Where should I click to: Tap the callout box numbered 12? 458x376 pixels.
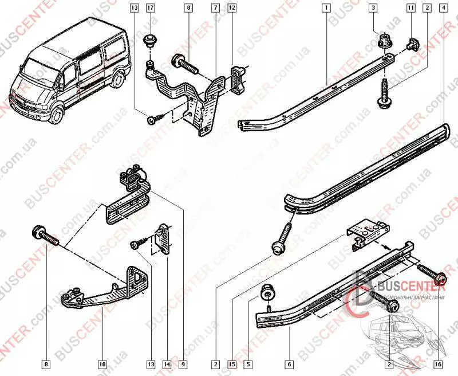coord(231,8)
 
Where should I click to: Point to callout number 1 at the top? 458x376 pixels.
coord(325,8)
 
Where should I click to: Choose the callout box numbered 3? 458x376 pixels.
coord(373,8)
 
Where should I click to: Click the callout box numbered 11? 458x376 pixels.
coord(410,8)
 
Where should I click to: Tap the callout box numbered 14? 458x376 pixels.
coord(166,363)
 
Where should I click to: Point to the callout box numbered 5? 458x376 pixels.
coord(248,363)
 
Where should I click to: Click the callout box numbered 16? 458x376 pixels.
coord(438,363)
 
